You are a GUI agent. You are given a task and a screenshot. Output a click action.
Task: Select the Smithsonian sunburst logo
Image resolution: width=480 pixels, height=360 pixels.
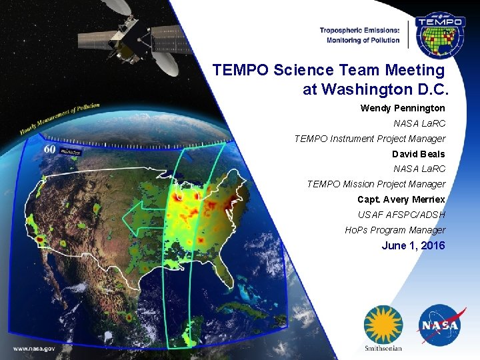(383, 324)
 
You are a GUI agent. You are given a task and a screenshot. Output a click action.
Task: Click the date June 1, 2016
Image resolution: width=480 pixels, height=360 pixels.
(413, 246)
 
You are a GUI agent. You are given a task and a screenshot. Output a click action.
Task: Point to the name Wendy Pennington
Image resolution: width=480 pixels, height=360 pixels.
(403, 108)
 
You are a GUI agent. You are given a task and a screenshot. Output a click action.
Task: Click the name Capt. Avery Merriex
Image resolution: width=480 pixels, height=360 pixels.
(401, 199)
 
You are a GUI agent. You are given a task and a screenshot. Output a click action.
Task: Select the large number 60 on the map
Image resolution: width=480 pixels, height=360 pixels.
(49, 149)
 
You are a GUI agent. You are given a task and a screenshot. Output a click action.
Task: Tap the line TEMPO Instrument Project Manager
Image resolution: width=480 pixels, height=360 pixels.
(370, 139)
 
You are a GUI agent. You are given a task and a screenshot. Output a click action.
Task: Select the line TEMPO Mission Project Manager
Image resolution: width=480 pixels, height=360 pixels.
(376, 184)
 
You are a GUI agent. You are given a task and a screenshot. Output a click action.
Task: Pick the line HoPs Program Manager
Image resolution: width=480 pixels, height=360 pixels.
(395, 230)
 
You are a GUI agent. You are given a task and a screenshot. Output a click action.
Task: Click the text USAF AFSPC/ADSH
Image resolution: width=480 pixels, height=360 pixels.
(401, 215)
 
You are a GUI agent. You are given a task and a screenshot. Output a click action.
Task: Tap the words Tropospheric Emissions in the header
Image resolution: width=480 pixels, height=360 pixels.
(359, 30)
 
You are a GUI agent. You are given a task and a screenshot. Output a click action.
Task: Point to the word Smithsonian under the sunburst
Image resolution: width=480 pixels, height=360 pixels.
(383, 347)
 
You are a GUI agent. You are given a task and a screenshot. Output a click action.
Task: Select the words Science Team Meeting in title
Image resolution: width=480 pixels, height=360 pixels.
(360, 70)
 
